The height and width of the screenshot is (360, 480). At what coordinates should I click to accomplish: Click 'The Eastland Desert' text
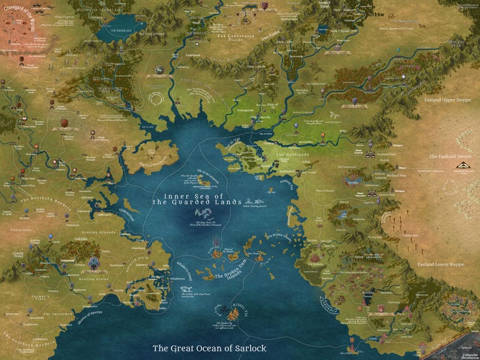(x=449, y=156)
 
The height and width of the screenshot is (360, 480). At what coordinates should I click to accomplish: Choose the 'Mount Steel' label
(x=326, y=5)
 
